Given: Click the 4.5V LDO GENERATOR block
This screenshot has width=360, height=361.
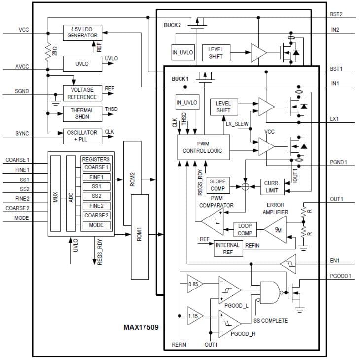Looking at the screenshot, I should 82,33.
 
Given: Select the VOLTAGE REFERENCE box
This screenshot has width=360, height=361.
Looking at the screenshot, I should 82,93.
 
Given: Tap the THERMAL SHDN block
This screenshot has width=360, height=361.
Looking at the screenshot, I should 82,113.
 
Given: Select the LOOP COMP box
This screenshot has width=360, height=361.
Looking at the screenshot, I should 245,229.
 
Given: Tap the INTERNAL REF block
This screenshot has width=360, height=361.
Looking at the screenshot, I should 227,249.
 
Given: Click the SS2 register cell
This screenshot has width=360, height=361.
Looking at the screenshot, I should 93,196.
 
